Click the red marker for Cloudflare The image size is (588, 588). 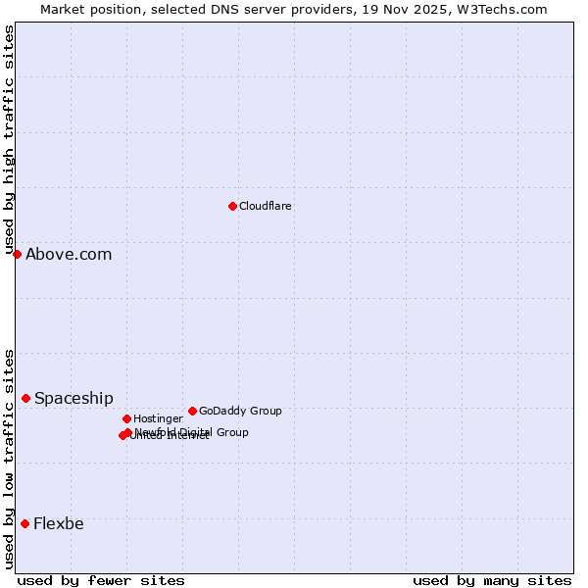[x=232, y=206]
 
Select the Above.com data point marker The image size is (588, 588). [x=17, y=254]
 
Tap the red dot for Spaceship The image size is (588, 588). [x=25, y=398]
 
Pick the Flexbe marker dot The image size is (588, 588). [x=24, y=523]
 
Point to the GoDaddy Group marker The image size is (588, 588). [x=192, y=411]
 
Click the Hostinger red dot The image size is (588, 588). [x=126, y=418]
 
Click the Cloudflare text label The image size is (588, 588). [x=266, y=206]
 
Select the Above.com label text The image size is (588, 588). [x=69, y=254]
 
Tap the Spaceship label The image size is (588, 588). [x=73, y=398]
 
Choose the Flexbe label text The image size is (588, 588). [x=59, y=523]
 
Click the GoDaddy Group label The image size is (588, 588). [x=240, y=411]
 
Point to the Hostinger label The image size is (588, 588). [x=158, y=418]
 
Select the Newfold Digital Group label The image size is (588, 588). [x=191, y=432]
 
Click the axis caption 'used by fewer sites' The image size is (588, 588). [x=101, y=580]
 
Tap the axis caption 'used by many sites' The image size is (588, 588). [x=492, y=580]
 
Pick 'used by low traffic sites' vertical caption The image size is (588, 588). [x=9, y=459]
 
